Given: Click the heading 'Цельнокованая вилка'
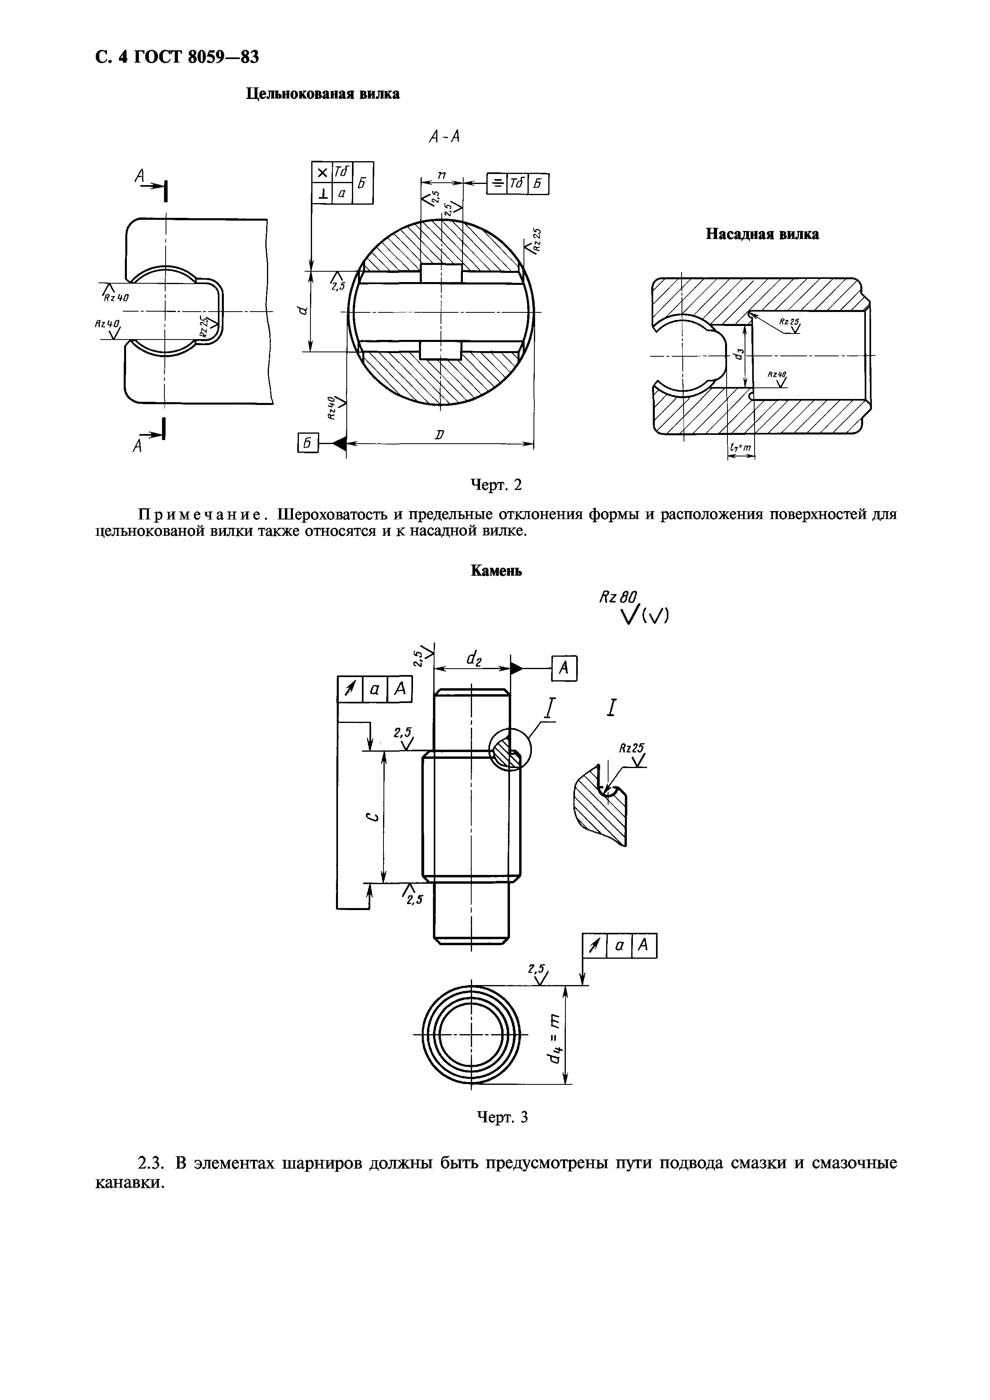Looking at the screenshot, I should point(323,94).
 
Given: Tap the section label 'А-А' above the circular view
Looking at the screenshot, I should point(444,137).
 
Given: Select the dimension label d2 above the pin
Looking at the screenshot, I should point(474,658).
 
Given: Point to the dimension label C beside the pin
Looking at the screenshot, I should point(375,817).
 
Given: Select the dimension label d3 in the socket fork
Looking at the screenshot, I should point(739,353).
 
